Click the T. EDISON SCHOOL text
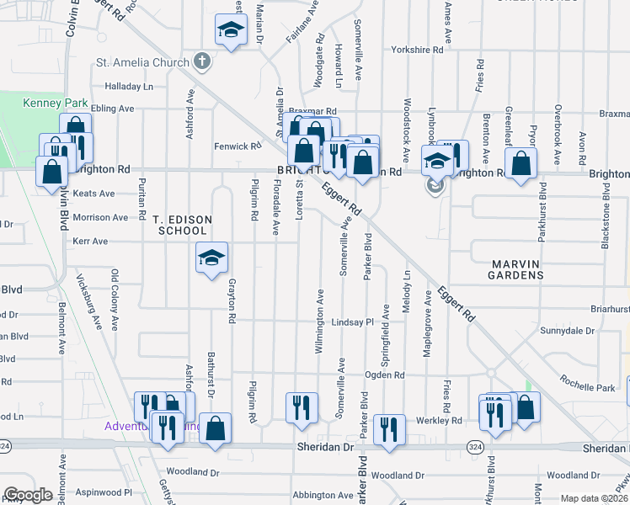(x=182, y=225)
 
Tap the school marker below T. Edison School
(x=211, y=258)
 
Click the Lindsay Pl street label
(x=351, y=322)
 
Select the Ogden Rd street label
(x=385, y=375)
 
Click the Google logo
(x=28, y=495)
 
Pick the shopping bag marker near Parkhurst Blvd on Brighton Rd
(x=521, y=166)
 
